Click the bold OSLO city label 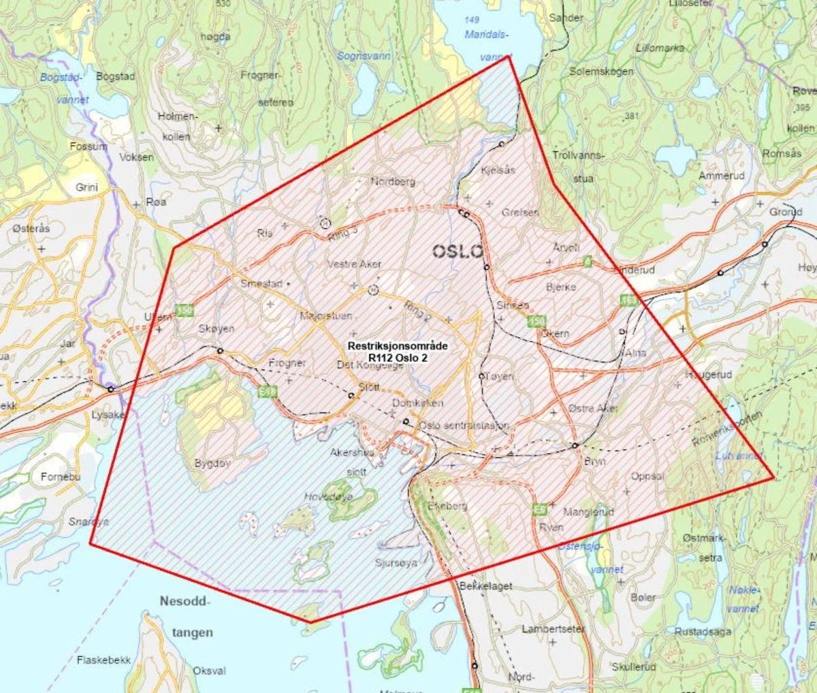tap(458, 251)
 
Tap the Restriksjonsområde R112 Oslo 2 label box tap(398, 352)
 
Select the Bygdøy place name tap(212, 463)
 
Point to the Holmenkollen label tap(177, 126)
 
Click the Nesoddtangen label tap(187, 617)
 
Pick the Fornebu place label tap(60, 477)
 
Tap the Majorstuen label tap(326, 316)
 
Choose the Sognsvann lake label tap(364, 56)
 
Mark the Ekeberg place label tap(447, 506)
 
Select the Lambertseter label tap(553, 629)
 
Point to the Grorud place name tap(786, 212)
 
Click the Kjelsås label tap(498, 170)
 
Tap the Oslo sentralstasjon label tap(464, 425)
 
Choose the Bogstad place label tap(115, 76)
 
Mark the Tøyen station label tap(500, 376)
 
